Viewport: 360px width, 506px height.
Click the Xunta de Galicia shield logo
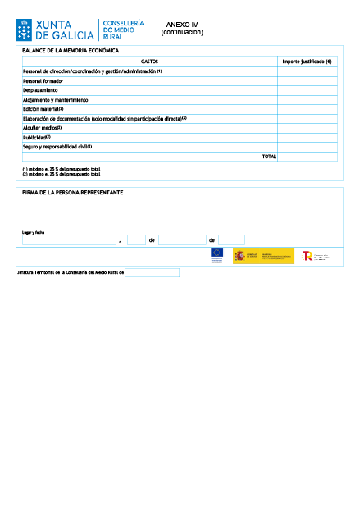[x=25, y=30]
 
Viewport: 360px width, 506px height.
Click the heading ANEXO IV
[x=182, y=25]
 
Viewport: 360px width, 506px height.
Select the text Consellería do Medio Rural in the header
[x=124, y=30]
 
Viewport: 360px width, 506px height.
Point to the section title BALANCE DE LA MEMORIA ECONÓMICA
[x=70, y=51]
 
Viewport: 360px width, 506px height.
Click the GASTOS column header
[x=149, y=62]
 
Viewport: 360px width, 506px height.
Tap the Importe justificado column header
[x=307, y=62]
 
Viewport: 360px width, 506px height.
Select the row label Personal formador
[x=43, y=80]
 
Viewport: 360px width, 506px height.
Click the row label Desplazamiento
[x=40, y=90]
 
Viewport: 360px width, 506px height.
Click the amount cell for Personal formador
[x=307, y=80]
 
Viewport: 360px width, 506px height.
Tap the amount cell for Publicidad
[x=307, y=137]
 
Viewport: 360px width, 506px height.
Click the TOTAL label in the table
[x=268, y=156]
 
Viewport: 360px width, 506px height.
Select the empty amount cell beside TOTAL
[x=307, y=156]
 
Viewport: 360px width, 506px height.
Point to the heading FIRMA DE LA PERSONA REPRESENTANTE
[x=72, y=193]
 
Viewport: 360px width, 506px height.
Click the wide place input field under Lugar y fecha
[x=69, y=239]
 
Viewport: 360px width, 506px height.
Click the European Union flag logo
[x=216, y=253]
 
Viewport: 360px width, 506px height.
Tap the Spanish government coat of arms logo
[x=244, y=256]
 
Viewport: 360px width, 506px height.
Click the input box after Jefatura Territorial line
[x=152, y=272]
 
